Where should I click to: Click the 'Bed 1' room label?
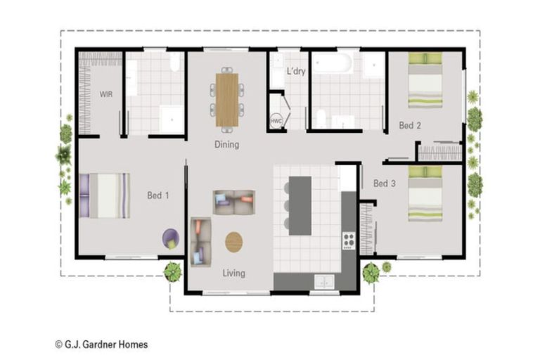click(x=157, y=195)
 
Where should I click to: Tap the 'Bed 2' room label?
click(x=409, y=126)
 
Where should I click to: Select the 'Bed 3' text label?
click(x=384, y=184)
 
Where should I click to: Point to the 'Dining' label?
click(x=226, y=145)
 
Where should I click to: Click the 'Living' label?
click(x=233, y=273)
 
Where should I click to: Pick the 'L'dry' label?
click(x=296, y=71)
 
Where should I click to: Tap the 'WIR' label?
click(x=106, y=94)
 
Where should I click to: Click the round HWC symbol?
click(x=276, y=122)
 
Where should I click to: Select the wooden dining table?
click(x=227, y=99)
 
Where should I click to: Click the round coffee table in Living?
click(x=234, y=242)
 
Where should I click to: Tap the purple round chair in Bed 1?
click(x=171, y=238)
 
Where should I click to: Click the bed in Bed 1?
click(x=105, y=195)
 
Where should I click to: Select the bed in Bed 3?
click(x=425, y=193)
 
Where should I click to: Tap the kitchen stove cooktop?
click(x=348, y=240)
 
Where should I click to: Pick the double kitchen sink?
click(x=323, y=281)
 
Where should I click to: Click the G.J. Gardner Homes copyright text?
click(x=101, y=345)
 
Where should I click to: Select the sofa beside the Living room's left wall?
click(x=200, y=241)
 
